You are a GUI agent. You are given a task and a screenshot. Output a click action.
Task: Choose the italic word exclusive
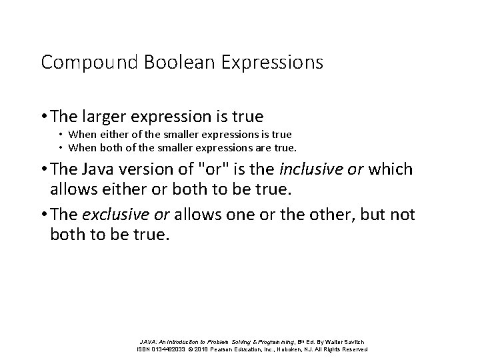(x=110, y=214)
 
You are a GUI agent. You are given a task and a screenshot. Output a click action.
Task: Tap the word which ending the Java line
(x=390, y=170)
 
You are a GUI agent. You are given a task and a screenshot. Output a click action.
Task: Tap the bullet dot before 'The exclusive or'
(x=44, y=215)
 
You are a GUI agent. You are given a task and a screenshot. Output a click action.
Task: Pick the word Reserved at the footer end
(x=354, y=349)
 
